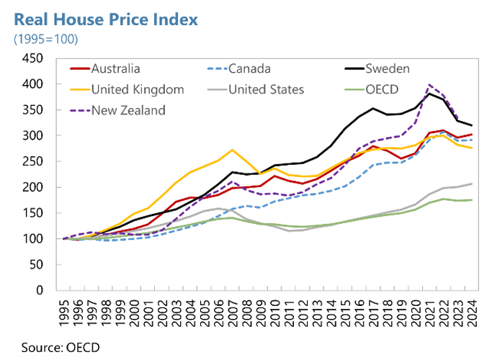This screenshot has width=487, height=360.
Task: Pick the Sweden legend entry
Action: [385, 69]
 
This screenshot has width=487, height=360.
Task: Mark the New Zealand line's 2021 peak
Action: [430, 85]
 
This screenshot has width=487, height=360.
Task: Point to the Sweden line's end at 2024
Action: [471, 125]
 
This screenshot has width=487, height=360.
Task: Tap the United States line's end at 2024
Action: [471, 184]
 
